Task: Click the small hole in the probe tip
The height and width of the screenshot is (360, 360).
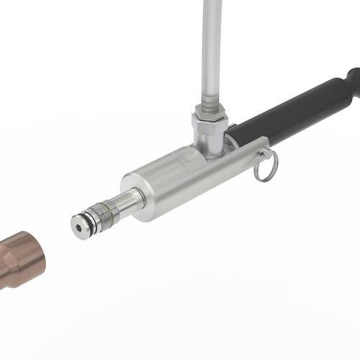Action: (78, 225)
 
